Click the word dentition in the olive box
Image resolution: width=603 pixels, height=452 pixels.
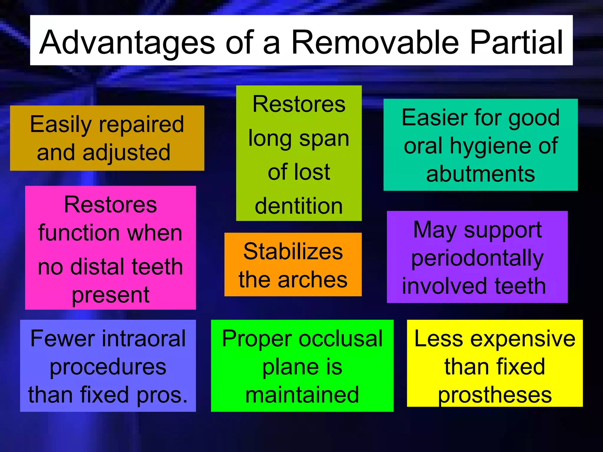coord(299,206)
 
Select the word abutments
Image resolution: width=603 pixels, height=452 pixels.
coord(480,174)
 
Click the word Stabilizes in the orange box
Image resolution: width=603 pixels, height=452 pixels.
coord(293,252)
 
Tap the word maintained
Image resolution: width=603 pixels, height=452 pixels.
coord(302,395)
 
